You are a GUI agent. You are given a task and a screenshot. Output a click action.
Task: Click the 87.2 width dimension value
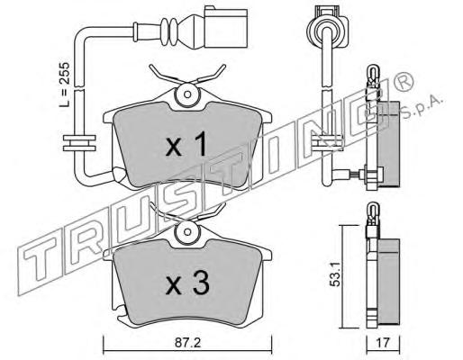[x=187, y=343]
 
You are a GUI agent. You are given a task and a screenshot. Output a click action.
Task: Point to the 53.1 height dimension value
[x=335, y=274]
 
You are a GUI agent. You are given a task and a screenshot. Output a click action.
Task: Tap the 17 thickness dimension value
[x=383, y=343]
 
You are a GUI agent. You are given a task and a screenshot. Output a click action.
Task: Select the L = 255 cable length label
[x=64, y=85]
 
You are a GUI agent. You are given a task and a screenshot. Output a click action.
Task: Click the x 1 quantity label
[x=186, y=144]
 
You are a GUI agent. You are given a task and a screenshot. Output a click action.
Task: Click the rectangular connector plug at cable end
[x=226, y=27]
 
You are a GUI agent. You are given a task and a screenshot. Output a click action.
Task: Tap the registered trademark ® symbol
[x=404, y=80]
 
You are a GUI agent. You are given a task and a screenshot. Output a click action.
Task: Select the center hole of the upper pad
[x=187, y=94]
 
